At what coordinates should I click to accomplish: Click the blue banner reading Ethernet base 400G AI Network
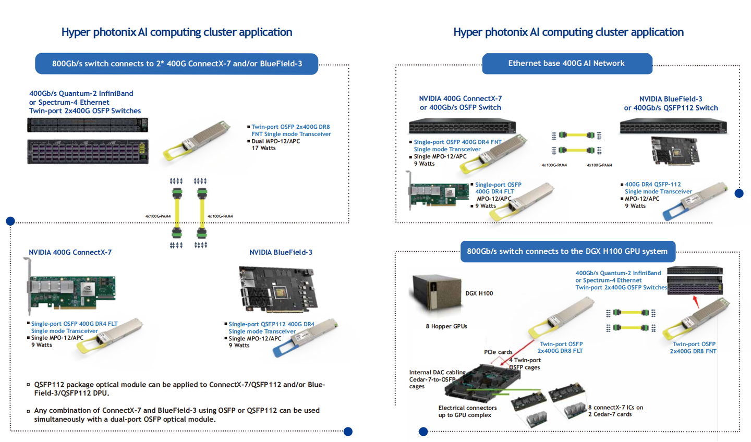click(567, 64)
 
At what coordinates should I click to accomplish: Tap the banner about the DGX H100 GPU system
click(567, 251)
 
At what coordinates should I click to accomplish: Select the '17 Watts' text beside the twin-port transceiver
click(264, 148)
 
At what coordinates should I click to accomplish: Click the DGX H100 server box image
click(435, 292)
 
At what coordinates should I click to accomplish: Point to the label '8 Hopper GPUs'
click(446, 326)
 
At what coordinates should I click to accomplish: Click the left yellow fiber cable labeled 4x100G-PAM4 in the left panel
click(177, 213)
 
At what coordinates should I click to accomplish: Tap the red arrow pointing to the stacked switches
click(695, 301)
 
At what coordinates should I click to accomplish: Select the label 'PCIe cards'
click(498, 352)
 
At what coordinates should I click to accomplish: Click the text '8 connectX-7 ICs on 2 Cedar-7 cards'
click(615, 411)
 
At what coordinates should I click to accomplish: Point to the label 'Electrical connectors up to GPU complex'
click(467, 411)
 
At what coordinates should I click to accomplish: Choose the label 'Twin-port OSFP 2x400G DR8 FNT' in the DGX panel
click(693, 348)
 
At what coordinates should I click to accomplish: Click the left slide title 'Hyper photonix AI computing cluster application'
click(176, 32)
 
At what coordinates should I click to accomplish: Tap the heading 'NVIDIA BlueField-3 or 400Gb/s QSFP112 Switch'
click(671, 103)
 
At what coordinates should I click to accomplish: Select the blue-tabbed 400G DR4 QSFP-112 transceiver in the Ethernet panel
click(695, 201)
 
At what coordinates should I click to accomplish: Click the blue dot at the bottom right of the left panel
click(348, 432)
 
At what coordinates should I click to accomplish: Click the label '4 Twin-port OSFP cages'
click(525, 363)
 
